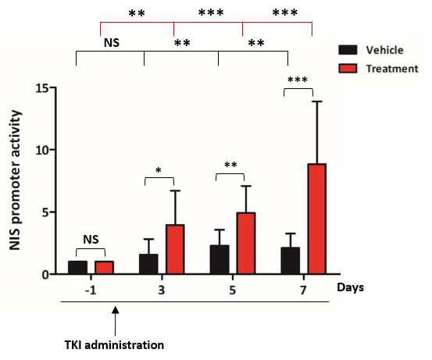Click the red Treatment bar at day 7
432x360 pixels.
(317, 219)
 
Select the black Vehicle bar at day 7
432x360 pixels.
(291, 261)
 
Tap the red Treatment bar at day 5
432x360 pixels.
(246, 243)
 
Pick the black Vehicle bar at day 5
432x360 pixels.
(220, 259)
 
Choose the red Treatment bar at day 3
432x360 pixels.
(175, 249)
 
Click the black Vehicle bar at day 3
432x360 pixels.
(148, 264)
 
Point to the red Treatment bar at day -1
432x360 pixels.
(104, 267)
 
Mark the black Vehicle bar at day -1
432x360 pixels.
(77, 267)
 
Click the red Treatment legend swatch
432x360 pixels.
(348, 68)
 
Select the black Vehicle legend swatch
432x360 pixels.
(348, 50)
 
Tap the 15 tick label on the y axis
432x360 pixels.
(43, 88)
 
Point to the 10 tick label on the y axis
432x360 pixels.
(43, 150)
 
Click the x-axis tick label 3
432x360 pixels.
(162, 290)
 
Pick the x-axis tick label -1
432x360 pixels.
(91, 290)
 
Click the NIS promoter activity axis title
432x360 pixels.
(15, 180)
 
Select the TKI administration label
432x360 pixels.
(114, 345)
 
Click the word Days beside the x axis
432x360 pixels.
(351, 288)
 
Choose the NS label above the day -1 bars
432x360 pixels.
(91, 240)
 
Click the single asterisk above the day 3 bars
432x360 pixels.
(159, 170)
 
